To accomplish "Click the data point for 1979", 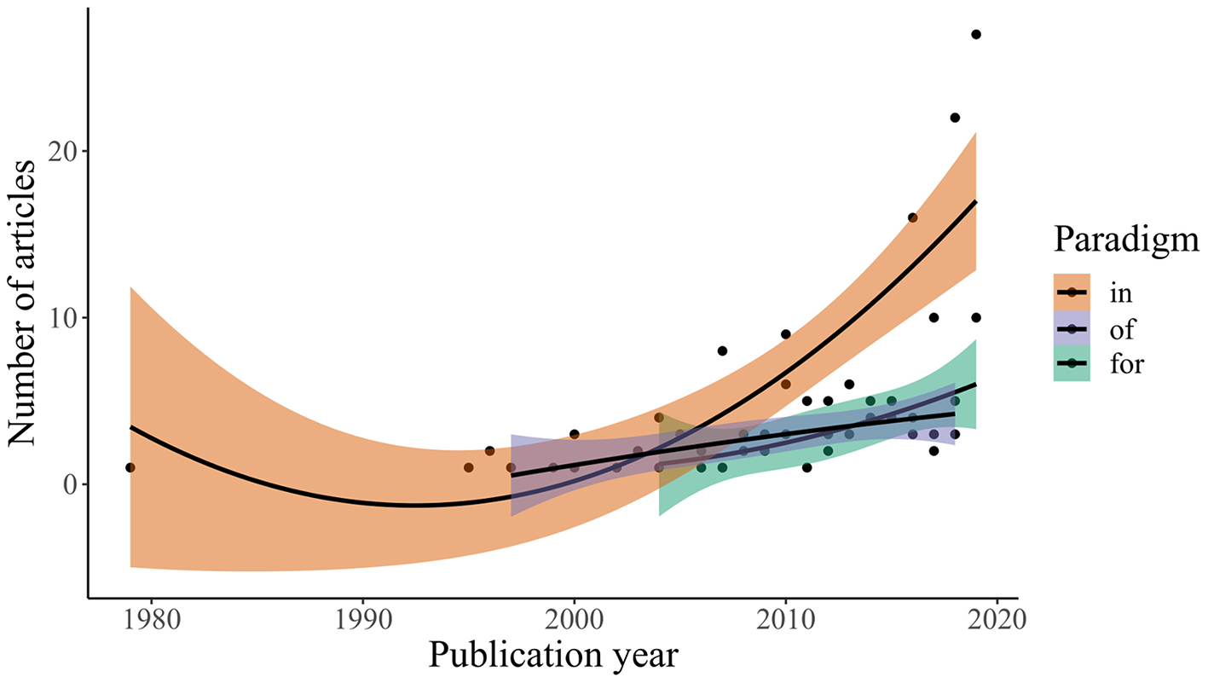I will [x=130, y=467].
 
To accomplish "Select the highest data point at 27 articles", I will [x=975, y=34].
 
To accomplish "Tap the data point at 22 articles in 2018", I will [x=955, y=118].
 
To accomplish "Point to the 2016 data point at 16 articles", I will [x=912, y=217].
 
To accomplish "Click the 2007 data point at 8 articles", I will [x=722, y=350].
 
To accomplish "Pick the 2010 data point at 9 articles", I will [x=786, y=334].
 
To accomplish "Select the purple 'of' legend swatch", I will [x=1072, y=329].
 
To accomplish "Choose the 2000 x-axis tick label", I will [x=574, y=617].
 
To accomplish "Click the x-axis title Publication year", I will [x=553, y=656].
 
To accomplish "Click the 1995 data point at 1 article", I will [x=468, y=467].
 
